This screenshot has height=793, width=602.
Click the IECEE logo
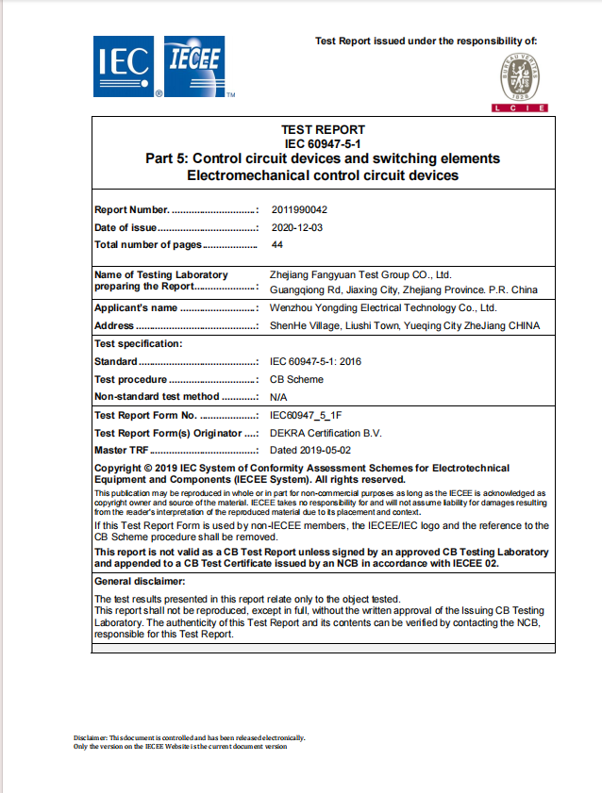[194, 66]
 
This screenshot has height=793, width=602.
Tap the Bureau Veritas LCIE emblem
[519, 84]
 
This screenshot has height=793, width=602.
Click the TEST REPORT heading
[323, 130]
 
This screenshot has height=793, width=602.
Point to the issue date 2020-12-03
[296, 227]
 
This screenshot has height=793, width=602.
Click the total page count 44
[277, 245]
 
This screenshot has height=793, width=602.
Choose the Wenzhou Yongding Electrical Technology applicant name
[383, 308]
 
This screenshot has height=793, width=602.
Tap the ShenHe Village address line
[405, 326]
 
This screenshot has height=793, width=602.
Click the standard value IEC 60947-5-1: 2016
[316, 362]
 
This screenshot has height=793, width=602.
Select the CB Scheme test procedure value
[296, 379]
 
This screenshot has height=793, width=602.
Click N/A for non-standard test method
[279, 397]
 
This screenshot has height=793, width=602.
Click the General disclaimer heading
[141, 582]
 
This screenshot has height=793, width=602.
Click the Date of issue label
[125, 227]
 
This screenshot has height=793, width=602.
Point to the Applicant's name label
[136, 308]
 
